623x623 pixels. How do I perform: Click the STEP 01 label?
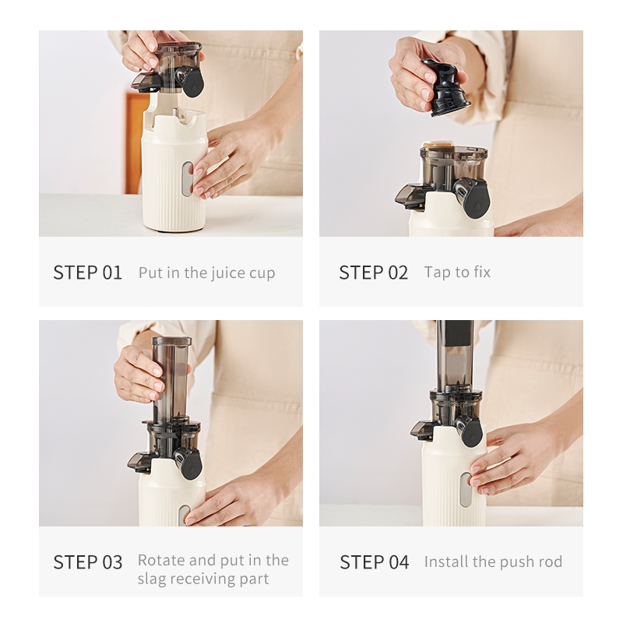tap(87, 273)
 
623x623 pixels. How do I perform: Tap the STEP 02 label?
tap(374, 273)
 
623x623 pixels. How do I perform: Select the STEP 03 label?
tap(88, 562)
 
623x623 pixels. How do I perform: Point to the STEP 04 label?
tap(375, 562)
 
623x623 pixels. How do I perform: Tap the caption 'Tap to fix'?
tap(457, 273)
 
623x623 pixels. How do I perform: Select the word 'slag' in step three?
tap(151, 579)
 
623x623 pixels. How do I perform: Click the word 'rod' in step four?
tap(550, 561)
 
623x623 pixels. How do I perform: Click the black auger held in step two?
tap(445, 87)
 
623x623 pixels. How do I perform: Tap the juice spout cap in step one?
tap(193, 82)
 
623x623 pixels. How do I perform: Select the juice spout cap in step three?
tap(190, 463)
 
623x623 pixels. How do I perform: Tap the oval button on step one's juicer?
tap(187, 179)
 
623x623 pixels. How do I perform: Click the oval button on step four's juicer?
tap(465, 490)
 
